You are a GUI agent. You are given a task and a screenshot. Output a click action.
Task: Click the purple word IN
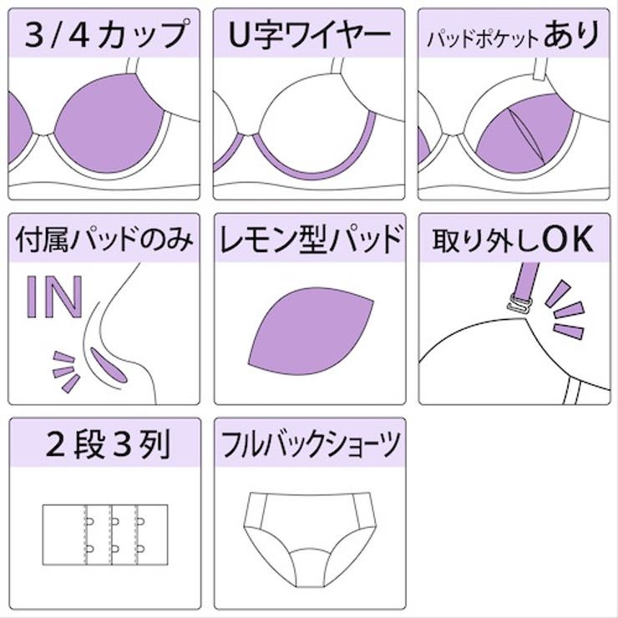click(x=54, y=295)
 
